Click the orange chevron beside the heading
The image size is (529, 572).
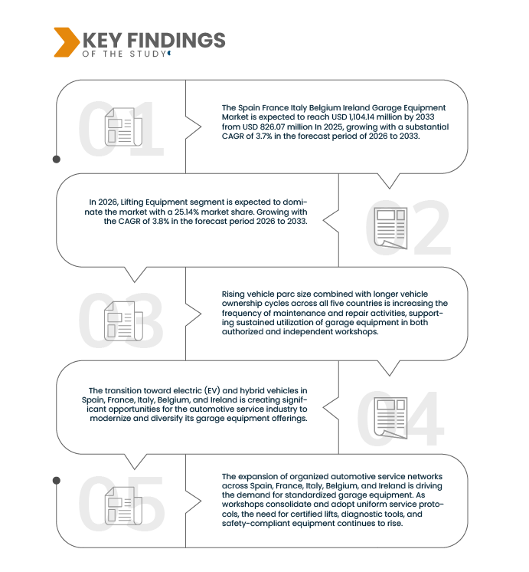(67, 42)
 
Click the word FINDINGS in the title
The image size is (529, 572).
(176, 40)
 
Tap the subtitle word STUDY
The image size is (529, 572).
(148, 54)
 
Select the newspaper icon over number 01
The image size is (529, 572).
(123, 127)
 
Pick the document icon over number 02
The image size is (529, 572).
(390, 228)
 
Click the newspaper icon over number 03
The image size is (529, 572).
(123, 321)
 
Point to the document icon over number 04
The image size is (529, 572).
(390, 418)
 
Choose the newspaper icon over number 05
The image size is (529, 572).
(123, 506)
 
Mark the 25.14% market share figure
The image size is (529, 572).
(187, 212)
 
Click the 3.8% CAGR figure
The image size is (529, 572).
(161, 221)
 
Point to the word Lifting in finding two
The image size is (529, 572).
(132, 202)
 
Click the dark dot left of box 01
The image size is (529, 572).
(57, 159)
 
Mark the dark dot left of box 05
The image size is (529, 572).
(57, 481)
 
